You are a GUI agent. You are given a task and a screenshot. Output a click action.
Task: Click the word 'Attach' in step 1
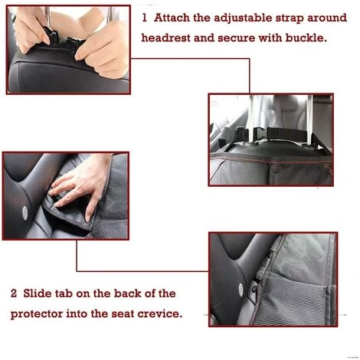tap(172, 18)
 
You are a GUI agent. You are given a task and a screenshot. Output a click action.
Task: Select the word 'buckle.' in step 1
tap(306, 38)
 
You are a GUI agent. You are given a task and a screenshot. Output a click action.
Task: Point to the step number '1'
tap(145, 18)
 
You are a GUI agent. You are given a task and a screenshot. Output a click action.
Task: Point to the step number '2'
tap(14, 293)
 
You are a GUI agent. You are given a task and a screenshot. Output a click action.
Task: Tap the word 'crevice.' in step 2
tap(160, 313)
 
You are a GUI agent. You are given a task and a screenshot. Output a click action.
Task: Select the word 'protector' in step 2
tap(37, 314)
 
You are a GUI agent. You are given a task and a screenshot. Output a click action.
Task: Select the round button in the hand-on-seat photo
tap(25, 213)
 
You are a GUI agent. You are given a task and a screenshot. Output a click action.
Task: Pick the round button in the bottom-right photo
tap(241, 290)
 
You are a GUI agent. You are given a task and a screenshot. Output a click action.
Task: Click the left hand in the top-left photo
tap(29, 28)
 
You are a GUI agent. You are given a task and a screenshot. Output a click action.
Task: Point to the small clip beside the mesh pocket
tap(257, 283)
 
